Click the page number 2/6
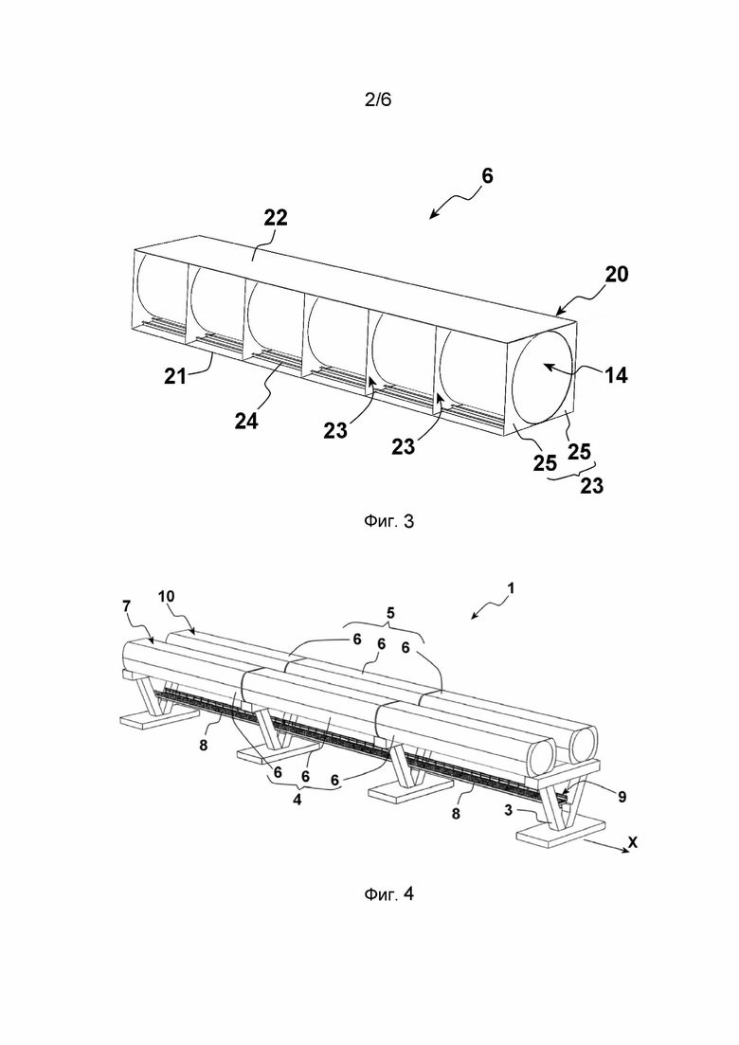[378, 100]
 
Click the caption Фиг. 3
[388, 521]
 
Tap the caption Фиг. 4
[388, 893]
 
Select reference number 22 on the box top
[275, 217]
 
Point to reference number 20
[616, 274]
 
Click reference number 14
[616, 375]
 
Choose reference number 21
[175, 376]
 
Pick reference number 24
[246, 421]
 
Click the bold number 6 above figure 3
[487, 176]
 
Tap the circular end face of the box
[541, 378]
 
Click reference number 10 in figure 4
[166, 597]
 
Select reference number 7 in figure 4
[127, 605]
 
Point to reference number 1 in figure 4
[511, 588]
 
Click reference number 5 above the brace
[390, 612]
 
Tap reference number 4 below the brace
[297, 800]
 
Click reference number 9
[622, 797]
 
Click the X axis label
[632, 842]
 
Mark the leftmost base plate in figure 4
[158, 718]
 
